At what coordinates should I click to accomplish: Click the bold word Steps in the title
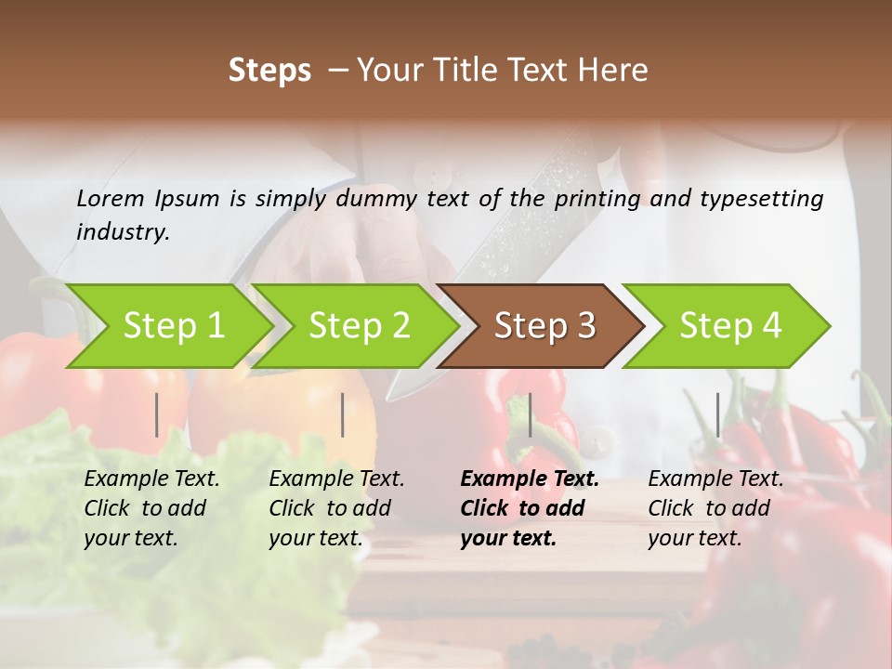coord(269,71)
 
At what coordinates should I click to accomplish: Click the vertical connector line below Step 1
coord(157,414)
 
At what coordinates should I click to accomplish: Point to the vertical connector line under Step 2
coord(343,414)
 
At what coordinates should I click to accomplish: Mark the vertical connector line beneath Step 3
coord(531,414)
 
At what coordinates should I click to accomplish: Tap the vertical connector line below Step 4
coord(717,414)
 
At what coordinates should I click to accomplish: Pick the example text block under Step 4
coord(715,508)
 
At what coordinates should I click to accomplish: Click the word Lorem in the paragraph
coord(111,198)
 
